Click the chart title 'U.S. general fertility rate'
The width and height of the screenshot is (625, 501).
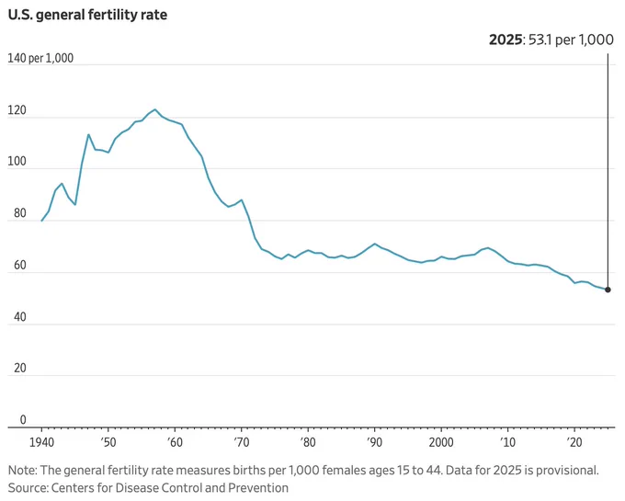pyautogui.click(x=87, y=15)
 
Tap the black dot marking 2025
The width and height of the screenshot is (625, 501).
pyautogui.click(x=608, y=290)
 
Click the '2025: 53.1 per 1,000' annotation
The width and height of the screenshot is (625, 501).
pyautogui.click(x=551, y=40)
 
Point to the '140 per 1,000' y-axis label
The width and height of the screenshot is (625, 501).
pyautogui.click(x=40, y=58)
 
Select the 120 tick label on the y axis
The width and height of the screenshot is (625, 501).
pyautogui.click(x=17, y=110)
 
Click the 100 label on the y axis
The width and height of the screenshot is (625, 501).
pyautogui.click(x=17, y=162)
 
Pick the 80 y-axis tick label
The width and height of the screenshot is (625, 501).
pyautogui.click(x=20, y=213)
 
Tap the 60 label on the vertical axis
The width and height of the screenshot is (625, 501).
pyautogui.click(x=20, y=265)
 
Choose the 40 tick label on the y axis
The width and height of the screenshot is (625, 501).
pyautogui.click(x=20, y=317)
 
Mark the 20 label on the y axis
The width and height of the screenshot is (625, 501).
pyautogui.click(x=20, y=368)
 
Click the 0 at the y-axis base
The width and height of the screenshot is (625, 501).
pyautogui.click(x=23, y=420)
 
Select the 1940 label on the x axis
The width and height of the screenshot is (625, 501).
pyautogui.click(x=42, y=442)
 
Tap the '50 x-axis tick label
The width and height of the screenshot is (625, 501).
pyautogui.click(x=108, y=442)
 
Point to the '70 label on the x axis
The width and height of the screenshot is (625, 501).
pyautogui.click(x=241, y=442)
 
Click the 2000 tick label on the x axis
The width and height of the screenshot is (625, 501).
pyautogui.click(x=441, y=442)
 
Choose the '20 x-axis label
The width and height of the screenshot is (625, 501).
pyautogui.click(x=574, y=442)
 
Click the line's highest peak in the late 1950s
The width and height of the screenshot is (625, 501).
pyautogui.click(x=155, y=109)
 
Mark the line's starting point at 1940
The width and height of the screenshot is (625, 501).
pyautogui.click(x=41, y=221)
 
